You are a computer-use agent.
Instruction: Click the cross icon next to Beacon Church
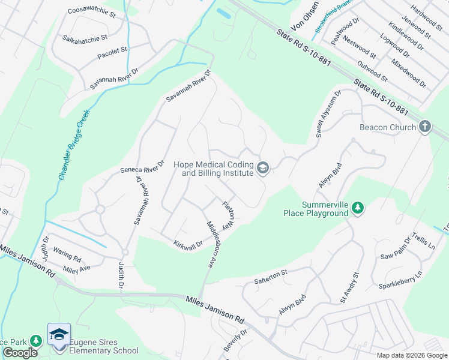(x=425, y=127)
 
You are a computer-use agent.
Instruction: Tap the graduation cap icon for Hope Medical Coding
(x=262, y=169)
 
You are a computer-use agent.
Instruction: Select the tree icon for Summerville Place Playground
(x=358, y=208)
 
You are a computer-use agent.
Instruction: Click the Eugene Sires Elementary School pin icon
(x=59, y=335)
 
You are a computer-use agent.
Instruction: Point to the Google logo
(x=20, y=353)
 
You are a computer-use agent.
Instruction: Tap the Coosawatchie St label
(x=91, y=11)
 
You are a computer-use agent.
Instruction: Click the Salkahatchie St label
(x=85, y=37)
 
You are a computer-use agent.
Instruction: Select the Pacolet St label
(x=113, y=53)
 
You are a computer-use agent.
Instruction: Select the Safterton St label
(x=271, y=272)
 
